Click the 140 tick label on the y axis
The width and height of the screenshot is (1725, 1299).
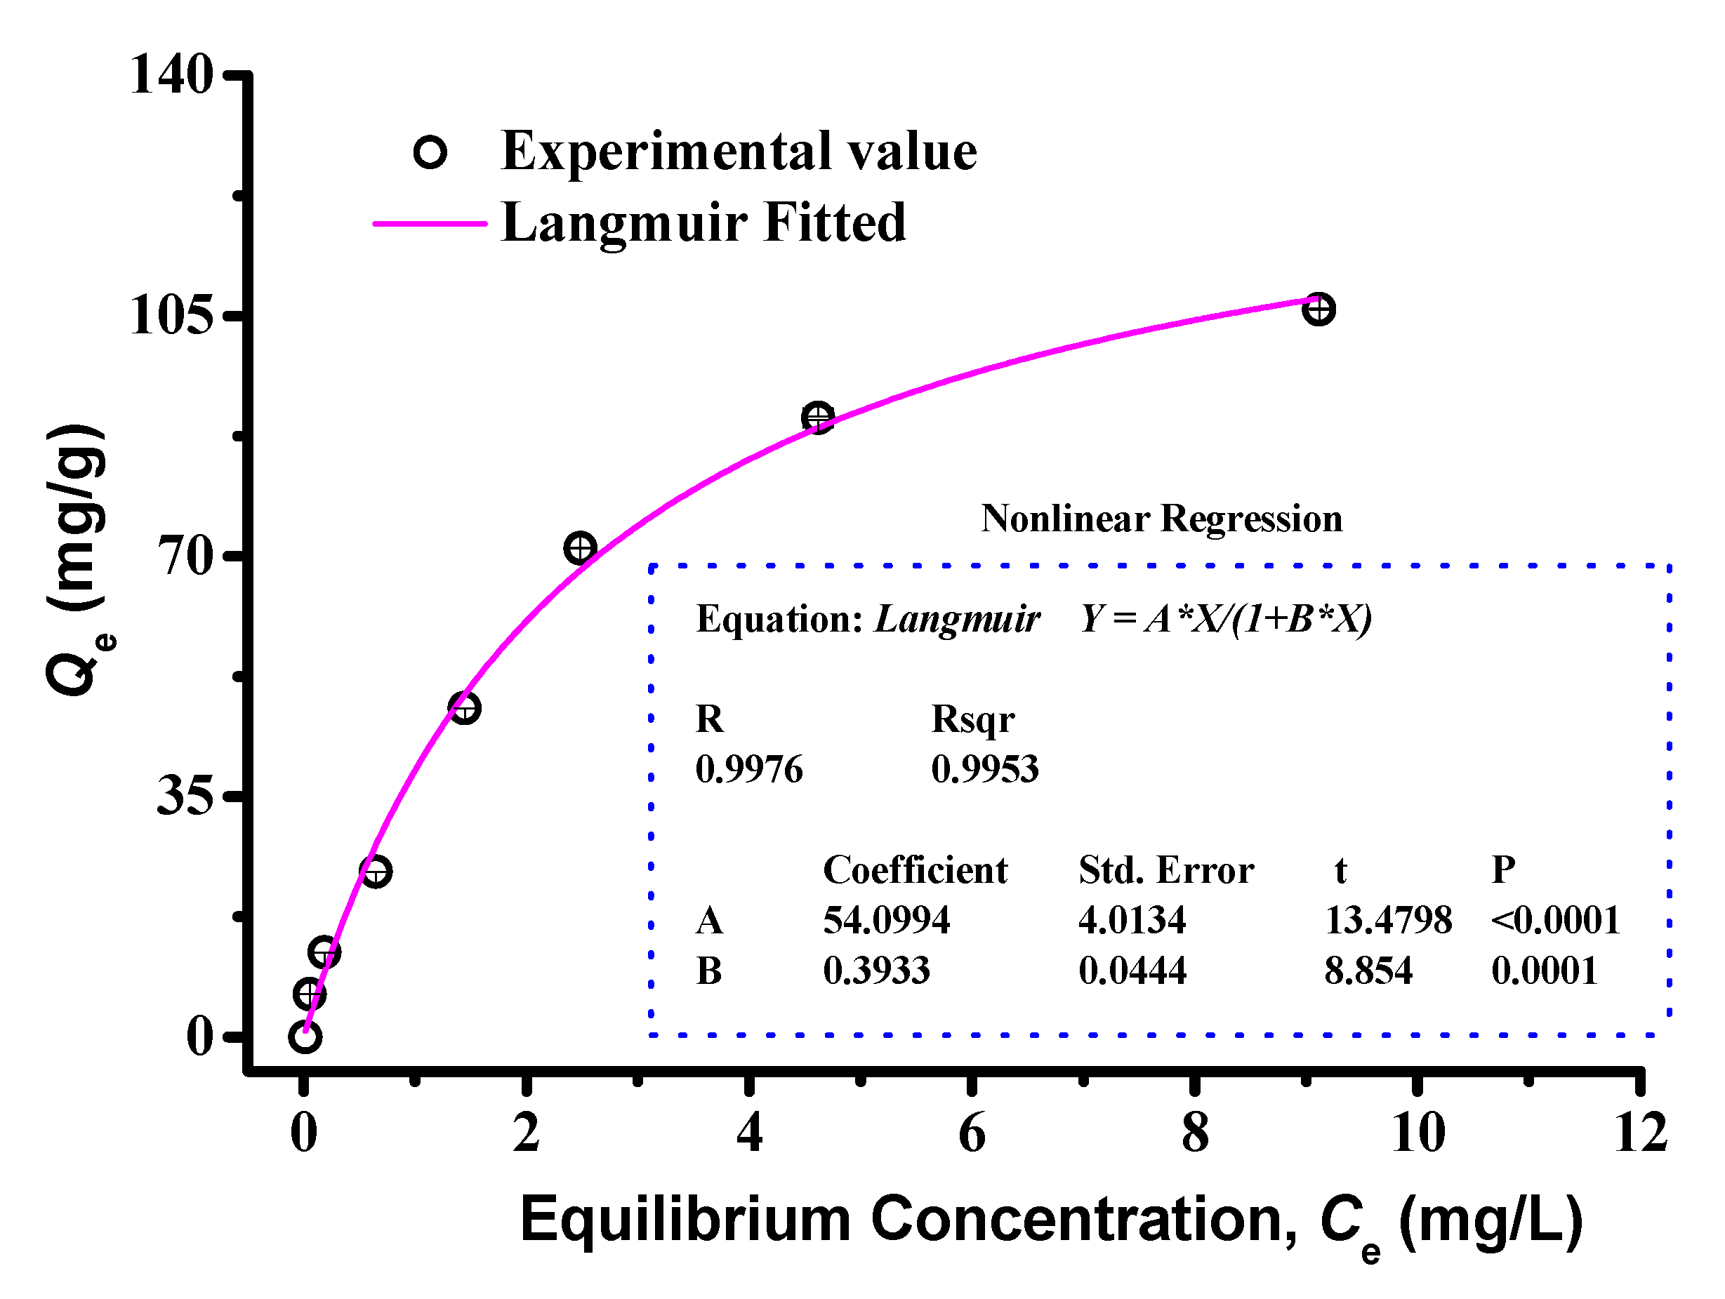[171, 76]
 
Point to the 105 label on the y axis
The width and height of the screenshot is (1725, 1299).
[171, 316]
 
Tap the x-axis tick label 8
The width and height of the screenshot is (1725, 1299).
[1195, 1133]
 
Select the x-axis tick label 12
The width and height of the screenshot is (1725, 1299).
[1641, 1133]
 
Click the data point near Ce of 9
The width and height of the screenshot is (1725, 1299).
[1318, 309]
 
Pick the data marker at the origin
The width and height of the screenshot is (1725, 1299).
[304, 1037]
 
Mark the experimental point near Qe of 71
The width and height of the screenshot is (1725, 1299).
[579, 548]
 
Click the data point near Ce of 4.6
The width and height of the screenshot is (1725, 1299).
[817, 418]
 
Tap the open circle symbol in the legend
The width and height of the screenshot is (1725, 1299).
[430, 152]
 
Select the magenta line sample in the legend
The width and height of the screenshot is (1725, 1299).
[430, 224]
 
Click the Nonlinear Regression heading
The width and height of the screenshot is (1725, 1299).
[1161, 519]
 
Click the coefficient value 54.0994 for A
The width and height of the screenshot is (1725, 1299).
[887, 920]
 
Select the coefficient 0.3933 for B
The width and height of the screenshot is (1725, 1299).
[876, 971]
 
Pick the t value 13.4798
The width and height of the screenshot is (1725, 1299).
[1388, 920]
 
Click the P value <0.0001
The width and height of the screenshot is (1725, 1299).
[1555, 920]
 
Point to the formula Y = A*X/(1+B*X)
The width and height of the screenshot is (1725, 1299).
[1225, 619]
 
